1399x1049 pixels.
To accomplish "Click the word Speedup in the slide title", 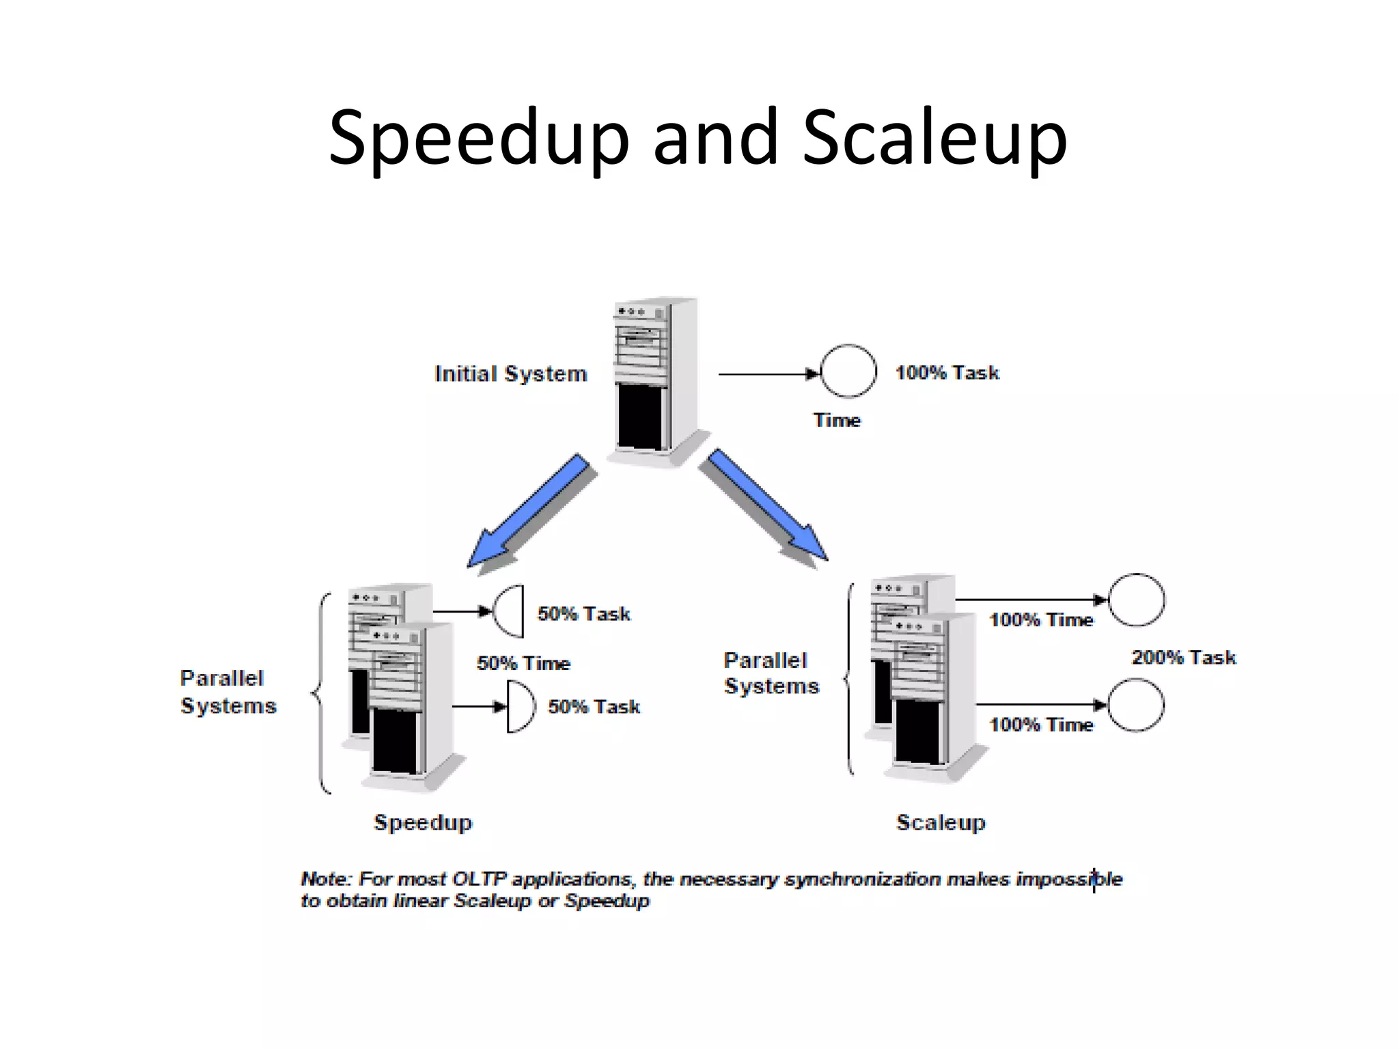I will tap(478, 138).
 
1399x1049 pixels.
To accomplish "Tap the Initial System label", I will tap(511, 374).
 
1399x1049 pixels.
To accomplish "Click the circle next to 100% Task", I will tap(848, 371).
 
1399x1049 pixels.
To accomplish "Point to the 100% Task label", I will tap(947, 373).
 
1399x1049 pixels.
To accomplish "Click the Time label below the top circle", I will tap(837, 420).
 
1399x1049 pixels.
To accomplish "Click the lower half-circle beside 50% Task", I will tap(521, 707).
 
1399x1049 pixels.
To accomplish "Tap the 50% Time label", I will tap(523, 663).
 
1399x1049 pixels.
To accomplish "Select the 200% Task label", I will tap(1184, 658).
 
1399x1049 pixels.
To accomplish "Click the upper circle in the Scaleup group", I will tap(1136, 600).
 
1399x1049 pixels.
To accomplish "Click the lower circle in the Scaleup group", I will tap(1135, 705).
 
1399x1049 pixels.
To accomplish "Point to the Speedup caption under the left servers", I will tap(423, 822).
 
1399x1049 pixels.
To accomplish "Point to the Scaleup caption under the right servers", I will tap(941, 822).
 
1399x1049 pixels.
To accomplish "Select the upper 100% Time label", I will tap(1041, 620).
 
